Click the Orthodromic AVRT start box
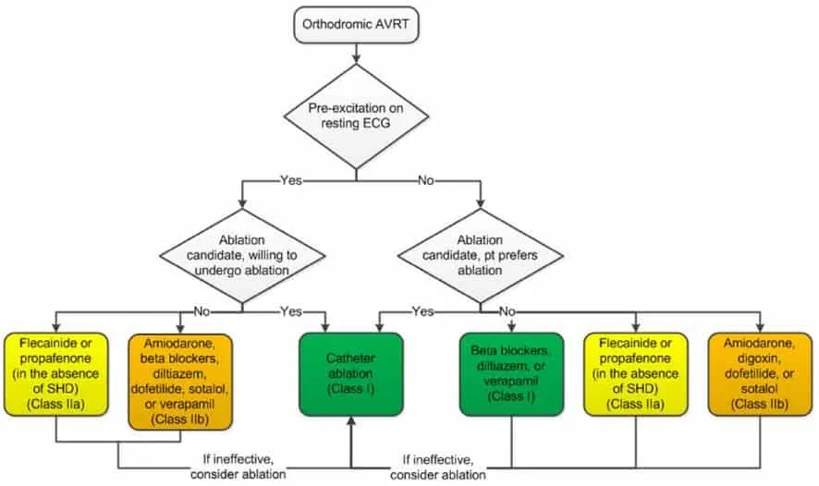click(356, 25)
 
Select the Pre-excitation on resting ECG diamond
click(356, 115)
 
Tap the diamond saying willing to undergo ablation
click(242, 256)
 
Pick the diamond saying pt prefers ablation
click(480, 256)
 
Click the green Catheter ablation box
click(351, 374)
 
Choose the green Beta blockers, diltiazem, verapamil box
click(511, 374)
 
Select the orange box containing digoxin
click(760, 374)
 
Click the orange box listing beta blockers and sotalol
click(180, 382)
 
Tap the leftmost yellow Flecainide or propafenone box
click(55, 374)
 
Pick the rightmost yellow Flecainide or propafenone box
click(636, 374)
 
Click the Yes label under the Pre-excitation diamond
click(291, 180)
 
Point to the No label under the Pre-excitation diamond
click(426, 180)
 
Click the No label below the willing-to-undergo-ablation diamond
click(202, 311)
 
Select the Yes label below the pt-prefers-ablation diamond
click(422, 311)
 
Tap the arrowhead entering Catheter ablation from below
click(351, 420)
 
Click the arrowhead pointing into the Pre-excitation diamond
click(356, 59)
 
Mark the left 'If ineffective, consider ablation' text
click(238, 468)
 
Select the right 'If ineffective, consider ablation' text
click(438, 468)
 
